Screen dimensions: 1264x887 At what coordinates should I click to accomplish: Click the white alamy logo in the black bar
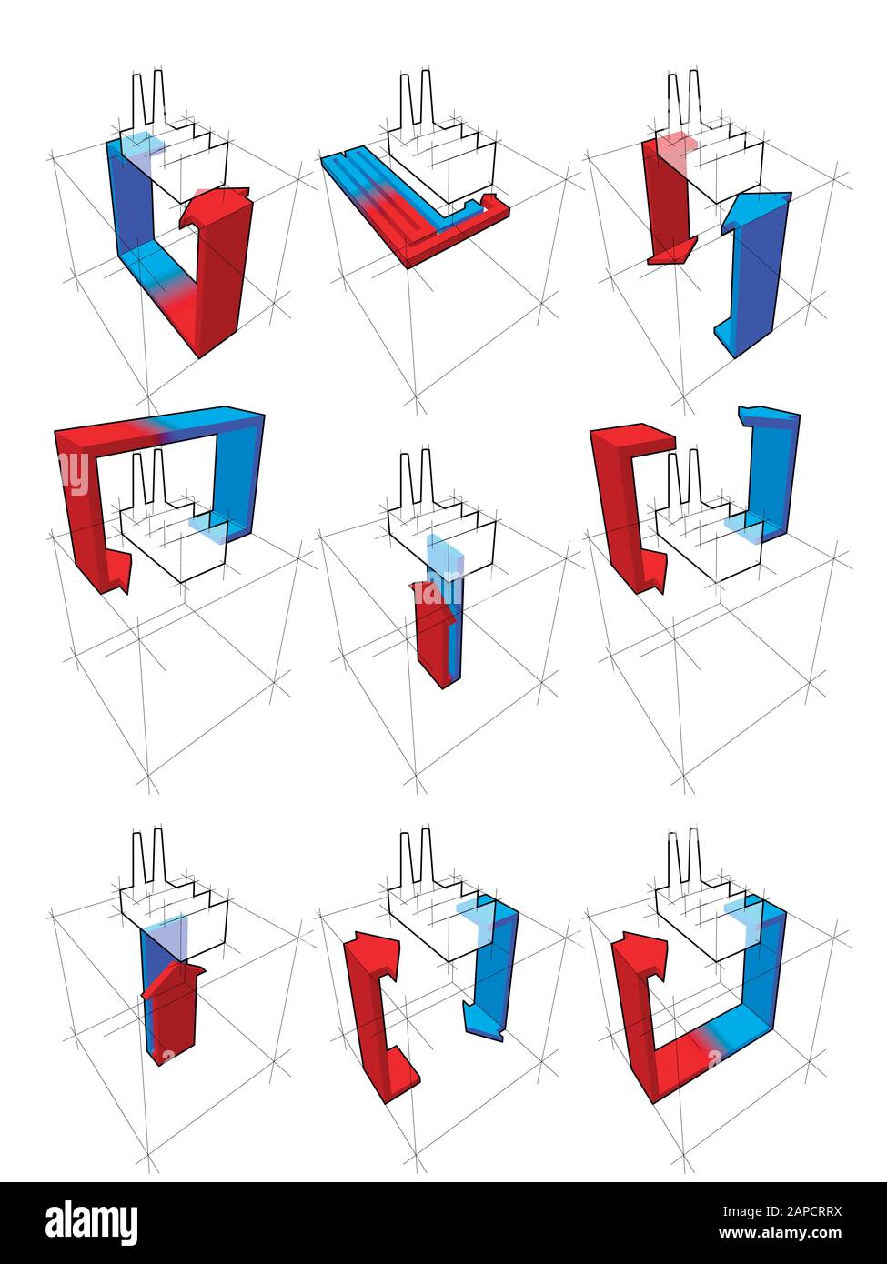(x=91, y=1221)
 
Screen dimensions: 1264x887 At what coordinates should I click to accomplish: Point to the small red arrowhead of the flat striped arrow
(x=489, y=199)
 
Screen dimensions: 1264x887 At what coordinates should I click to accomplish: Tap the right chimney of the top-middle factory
(x=428, y=100)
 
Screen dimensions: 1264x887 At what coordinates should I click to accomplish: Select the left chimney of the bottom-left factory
(x=138, y=855)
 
